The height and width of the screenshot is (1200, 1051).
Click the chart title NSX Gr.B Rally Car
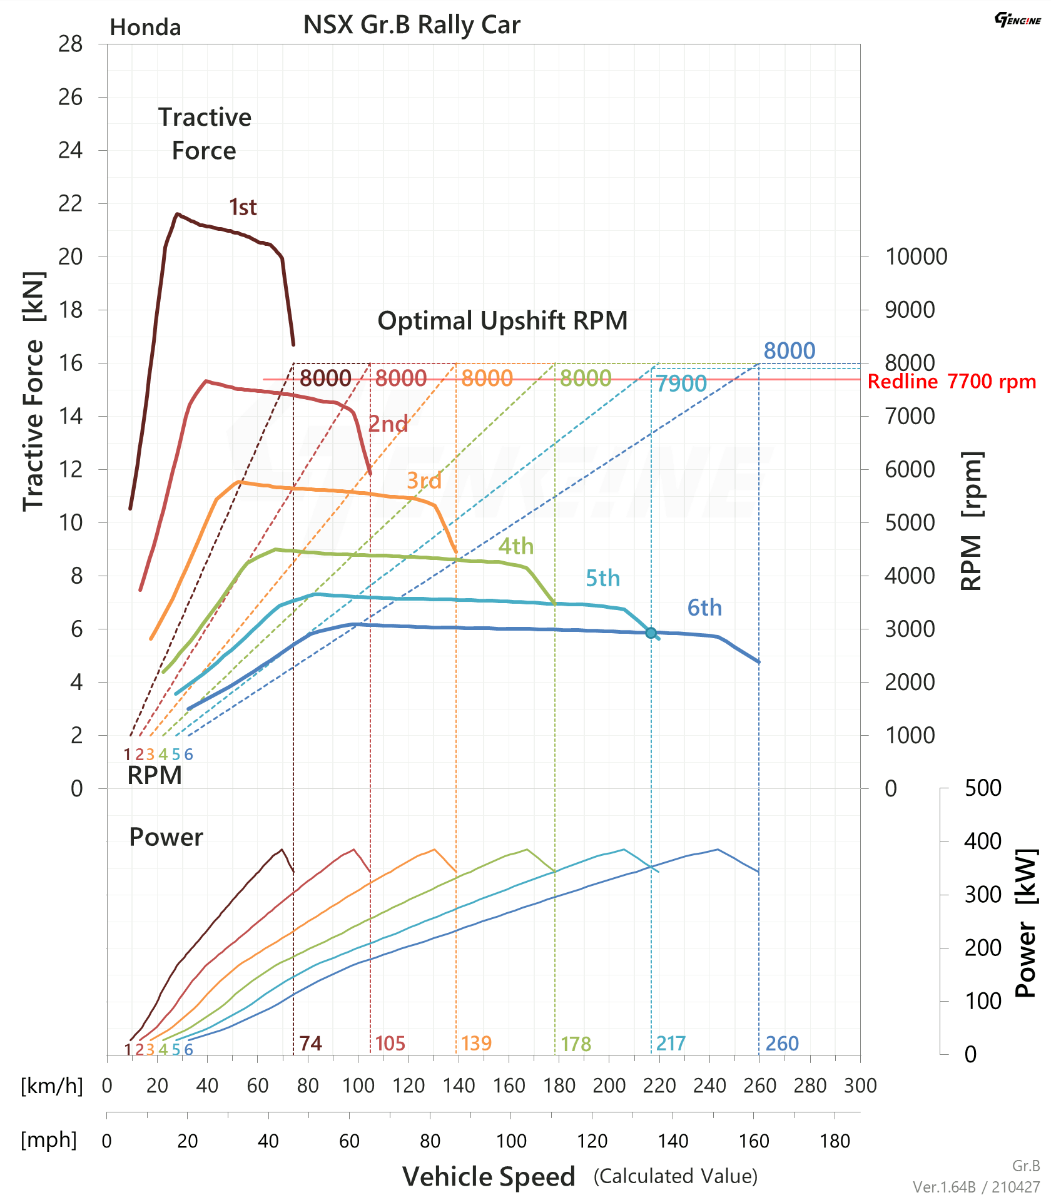click(x=412, y=25)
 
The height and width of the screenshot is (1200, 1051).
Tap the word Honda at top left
click(x=145, y=28)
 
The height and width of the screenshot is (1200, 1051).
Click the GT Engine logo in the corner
click(x=1017, y=19)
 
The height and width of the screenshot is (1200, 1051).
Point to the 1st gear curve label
click(x=243, y=207)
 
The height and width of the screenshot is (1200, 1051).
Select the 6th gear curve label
click(x=704, y=608)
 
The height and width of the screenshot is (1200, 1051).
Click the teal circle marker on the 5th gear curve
click(x=651, y=633)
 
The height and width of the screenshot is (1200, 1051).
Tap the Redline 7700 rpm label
click(x=952, y=382)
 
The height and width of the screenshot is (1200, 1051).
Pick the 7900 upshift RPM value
click(x=681, y=384)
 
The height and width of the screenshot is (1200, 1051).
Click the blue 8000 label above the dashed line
click(x=790, y=351)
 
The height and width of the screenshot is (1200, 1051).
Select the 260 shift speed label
click(x=782, y=1044)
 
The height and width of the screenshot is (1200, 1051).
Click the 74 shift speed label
click(x=310, y=1044)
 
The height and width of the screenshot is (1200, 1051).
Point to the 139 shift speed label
click(x=476, y=1044)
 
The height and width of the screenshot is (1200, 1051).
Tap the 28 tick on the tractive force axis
click(x=70, y=44)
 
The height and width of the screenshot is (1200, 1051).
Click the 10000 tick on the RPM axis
click(x=916, y=257)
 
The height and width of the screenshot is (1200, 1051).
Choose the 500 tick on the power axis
click(x=983, y=788)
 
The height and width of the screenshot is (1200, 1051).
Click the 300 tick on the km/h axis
click(x=860, y=1086)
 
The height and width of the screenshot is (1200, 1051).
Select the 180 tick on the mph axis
click(x=835, y=1141)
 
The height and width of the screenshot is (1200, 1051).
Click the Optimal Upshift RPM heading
click(x=502, y=320)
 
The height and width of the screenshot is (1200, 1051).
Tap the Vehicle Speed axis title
click(x=489, y=1177)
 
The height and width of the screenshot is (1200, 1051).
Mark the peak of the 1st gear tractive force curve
click(x=178, y=214)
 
